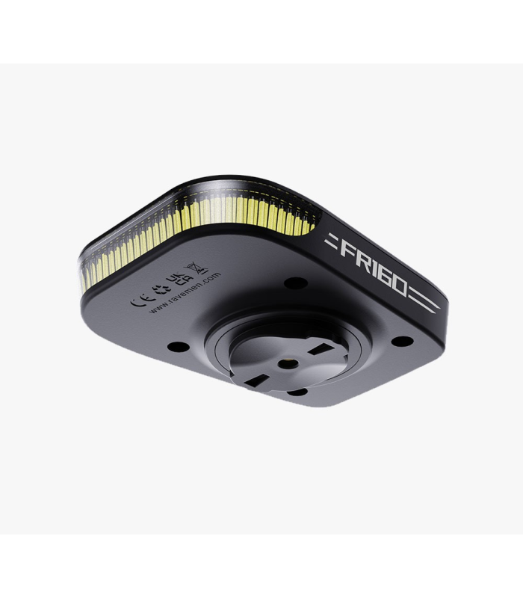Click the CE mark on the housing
click(x=138, y=302)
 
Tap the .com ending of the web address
click(x=211, y=277)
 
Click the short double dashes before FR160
click(x=330, y=241)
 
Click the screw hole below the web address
click(x=178, y=346)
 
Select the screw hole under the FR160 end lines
click(x=403, y=341)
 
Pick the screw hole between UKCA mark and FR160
click(x=296, y=283)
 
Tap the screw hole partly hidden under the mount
click(x=297, y=391)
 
